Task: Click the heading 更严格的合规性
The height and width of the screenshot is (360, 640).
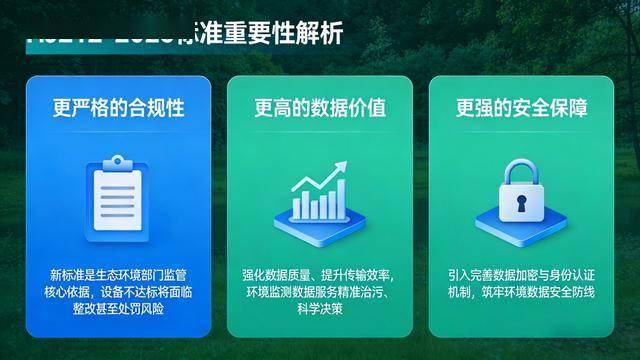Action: (x=118, y=106)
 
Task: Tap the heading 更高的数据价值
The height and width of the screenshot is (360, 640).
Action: (x=320, y=106)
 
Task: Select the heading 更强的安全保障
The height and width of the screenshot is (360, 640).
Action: (x=522, y=106)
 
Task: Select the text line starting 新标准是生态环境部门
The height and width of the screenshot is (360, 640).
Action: (x=118, y=274)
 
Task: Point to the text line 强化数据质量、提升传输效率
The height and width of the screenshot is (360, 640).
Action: (x=320, y=274)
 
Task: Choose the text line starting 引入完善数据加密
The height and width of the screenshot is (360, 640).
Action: (x=522, y=274)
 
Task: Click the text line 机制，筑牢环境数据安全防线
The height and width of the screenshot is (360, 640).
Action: (x=522, y=291)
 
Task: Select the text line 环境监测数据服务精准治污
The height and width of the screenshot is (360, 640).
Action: (x=320, y=291)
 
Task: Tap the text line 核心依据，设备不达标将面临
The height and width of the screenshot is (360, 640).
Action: (x=118, y=291)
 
